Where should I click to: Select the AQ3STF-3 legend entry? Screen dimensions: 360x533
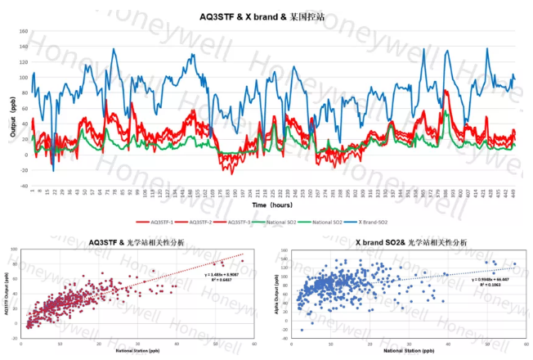[x=240, y=221]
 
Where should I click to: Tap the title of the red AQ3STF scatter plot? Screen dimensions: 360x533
[x=135, y=243]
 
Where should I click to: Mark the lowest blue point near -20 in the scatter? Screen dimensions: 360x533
[x=302, y=330]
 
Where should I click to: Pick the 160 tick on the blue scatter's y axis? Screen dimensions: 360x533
[x=285, y=254]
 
